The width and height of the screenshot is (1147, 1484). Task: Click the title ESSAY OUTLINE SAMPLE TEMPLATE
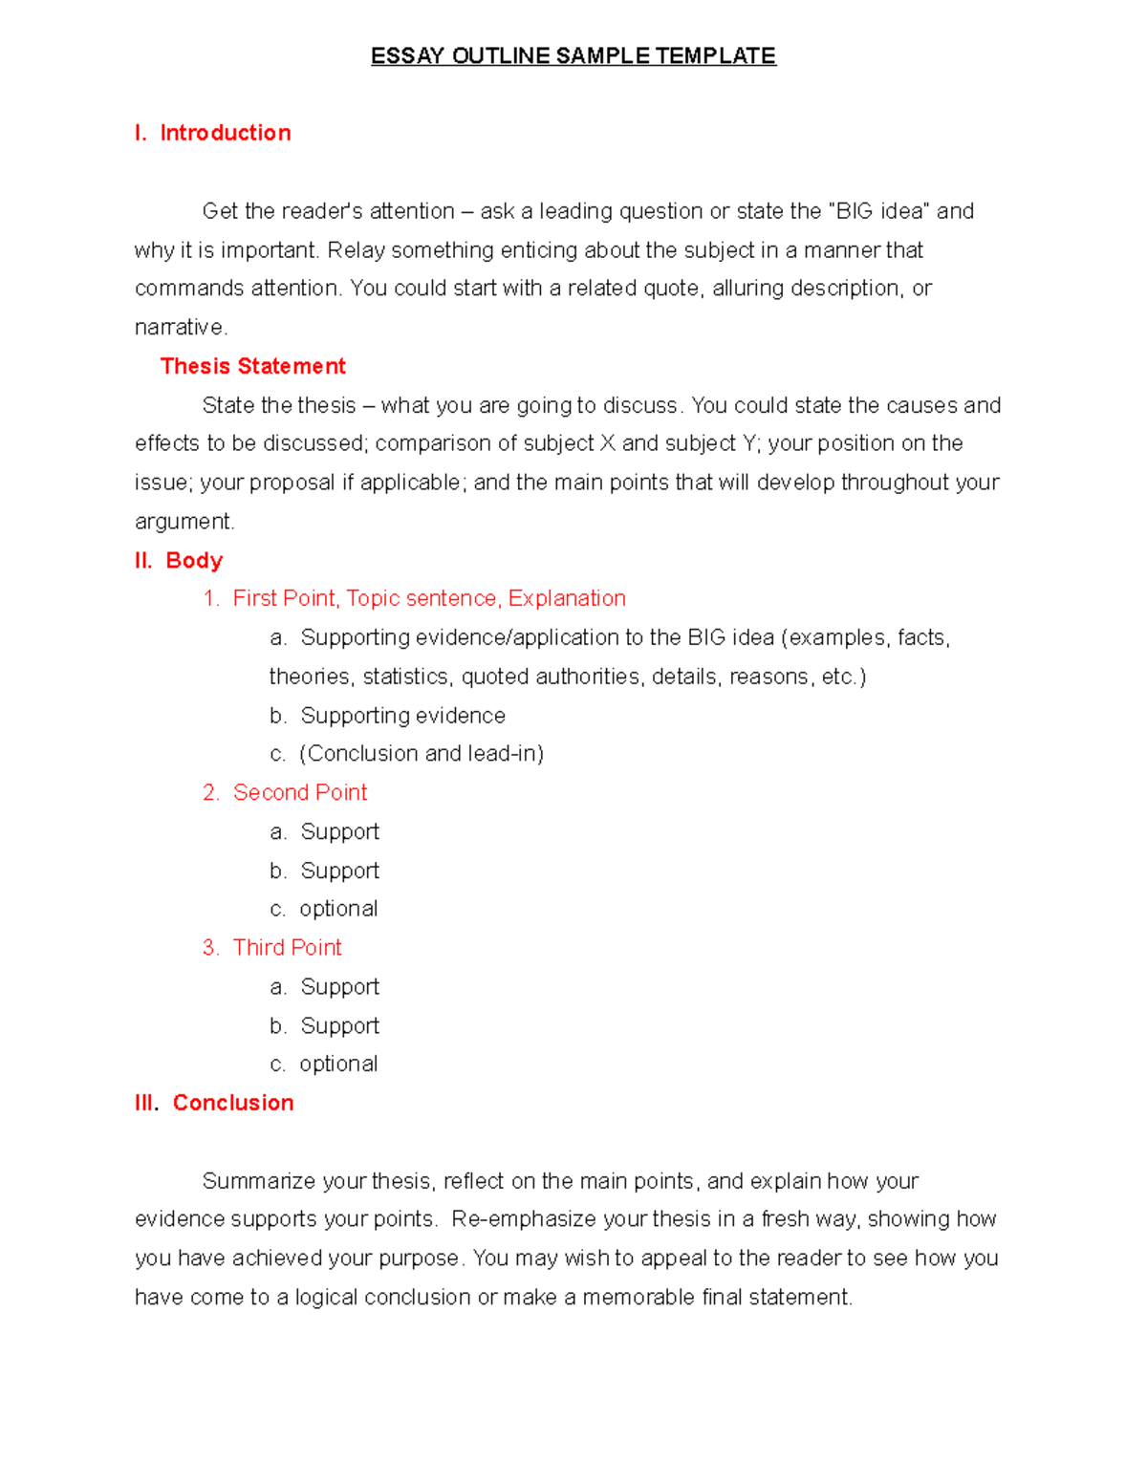pos(573,55)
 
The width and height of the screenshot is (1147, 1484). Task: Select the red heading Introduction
pos(225,133)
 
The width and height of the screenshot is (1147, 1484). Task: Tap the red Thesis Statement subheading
pos(252,366)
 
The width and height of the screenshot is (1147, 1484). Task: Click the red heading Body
pos(194,560)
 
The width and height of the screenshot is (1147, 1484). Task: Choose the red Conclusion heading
pos(233,1103)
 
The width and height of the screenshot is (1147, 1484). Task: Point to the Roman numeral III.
pos(146,1103)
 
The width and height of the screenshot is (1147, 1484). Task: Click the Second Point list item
pos(300,792)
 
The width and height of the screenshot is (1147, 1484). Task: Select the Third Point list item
pos(287,947)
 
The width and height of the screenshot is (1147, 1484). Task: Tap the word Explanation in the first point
pos(567,598)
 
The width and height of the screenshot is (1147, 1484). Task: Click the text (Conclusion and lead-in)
pos(422,753)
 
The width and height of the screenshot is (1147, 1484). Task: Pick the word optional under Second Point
pos(338,909)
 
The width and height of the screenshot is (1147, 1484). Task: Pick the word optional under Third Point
pos(338,1064)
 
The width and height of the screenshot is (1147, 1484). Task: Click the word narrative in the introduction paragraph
pos(180,328)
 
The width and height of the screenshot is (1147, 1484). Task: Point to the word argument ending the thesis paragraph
pos(183,522)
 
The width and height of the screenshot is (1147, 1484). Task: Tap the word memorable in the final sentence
pos(638,1297)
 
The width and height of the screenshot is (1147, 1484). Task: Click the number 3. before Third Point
pos(210,947)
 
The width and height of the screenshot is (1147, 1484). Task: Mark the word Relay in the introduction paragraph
pos(356,250)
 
